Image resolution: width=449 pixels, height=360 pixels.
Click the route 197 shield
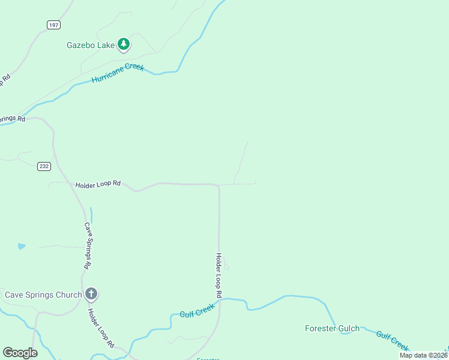point(53,24)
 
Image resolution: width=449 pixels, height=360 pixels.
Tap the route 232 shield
point(43,166)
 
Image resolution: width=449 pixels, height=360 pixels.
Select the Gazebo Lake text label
point(90,44)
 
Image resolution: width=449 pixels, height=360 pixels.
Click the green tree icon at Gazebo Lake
point(124,44)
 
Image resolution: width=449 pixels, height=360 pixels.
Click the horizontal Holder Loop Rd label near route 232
point(98,184)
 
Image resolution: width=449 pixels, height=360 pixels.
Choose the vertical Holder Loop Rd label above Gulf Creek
point(219,275)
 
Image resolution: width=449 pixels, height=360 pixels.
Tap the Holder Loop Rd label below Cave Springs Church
point(101,328)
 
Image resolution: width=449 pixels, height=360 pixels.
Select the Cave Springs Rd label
point(87,245)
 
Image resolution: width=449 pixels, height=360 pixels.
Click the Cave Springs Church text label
point(43,295)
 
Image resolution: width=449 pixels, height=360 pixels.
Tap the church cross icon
point(91,294)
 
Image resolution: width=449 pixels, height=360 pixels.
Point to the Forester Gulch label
point(332,328)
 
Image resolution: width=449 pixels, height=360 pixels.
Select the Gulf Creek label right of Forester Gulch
point(393,340)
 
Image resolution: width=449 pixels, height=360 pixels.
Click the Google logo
point(20,353)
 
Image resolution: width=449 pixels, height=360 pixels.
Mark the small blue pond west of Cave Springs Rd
point(22,246)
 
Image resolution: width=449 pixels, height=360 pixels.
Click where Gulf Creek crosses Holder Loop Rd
point(220,300)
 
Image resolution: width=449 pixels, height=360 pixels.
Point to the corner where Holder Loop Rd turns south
point(218,186)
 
